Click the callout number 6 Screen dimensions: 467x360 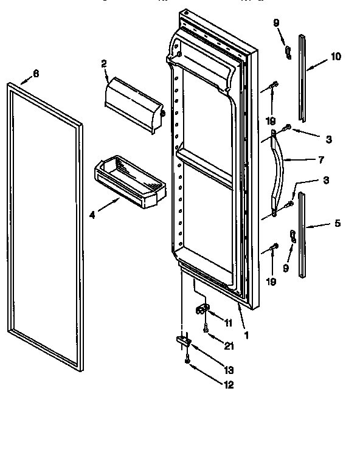tap(35, 73)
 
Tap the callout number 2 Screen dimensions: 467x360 tap(104, 63)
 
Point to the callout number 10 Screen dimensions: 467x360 tap(336, 57)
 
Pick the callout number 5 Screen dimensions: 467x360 tap(337, 223)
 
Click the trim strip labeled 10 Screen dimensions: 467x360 tap(302, 78)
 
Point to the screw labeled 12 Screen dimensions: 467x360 tap(188, 361)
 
